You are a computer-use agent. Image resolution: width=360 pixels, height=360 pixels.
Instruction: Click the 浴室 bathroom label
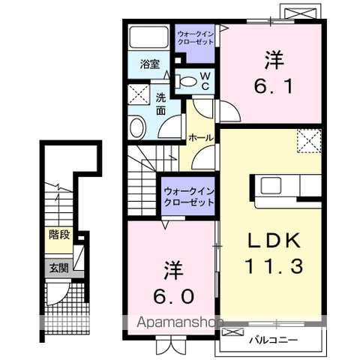click(x=150, y=64)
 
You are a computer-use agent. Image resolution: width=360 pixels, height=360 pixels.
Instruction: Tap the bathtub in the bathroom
click(x=148, y=37)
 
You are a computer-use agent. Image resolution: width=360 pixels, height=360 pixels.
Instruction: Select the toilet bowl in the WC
click(x=188, y=81)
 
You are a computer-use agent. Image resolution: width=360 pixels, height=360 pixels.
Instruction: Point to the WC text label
click(x=205, y=81)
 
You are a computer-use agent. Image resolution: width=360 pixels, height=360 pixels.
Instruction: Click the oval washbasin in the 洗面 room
click(x=137, y=127)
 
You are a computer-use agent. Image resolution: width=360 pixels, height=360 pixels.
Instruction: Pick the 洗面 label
click(x=160, y=104)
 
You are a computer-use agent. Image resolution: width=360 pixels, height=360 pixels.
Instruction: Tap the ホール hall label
click(x=201, y=137)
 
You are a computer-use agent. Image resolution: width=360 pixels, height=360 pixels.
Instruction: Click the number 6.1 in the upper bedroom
click(x=273, y=86)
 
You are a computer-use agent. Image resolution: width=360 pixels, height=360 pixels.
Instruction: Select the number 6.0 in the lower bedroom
click(x=173, y=296)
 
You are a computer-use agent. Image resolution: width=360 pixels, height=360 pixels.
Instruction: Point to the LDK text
click(x=274, y=240)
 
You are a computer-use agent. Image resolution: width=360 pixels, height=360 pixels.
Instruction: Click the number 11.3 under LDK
click(x=274, y=265)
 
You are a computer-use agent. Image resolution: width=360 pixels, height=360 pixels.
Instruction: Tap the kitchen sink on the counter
click(x=271, y=186)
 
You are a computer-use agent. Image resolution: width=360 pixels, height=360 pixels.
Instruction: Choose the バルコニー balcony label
click(x=274, y=340)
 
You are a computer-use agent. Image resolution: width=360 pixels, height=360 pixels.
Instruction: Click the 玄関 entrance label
click(x=58, y=268)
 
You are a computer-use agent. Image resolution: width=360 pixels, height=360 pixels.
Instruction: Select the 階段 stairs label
click(x=59, y=235)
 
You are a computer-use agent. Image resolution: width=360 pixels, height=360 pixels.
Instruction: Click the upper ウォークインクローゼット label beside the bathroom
click(x=196, y=37)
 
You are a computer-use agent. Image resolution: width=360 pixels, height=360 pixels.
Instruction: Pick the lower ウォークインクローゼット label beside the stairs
click(x=189, y=197)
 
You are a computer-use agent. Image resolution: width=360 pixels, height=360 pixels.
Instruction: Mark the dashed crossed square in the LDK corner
click(x=309, y=141)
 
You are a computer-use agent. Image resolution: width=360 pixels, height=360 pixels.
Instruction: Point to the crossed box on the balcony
click(x=232, y=332)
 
